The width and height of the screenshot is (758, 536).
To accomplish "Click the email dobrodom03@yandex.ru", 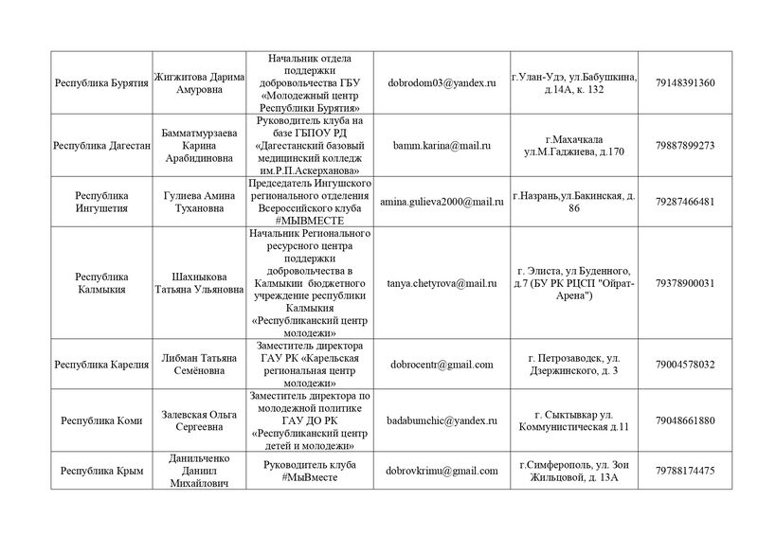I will pos(442,83).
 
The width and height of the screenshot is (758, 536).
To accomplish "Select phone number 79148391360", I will pos(684,83).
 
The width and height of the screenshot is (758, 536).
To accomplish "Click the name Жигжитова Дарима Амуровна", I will pos(197,83).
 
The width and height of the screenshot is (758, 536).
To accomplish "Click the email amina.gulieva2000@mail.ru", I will pos(442,203).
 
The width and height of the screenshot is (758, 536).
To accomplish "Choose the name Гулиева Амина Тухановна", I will pos(197,203).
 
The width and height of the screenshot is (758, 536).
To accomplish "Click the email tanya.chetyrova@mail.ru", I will pos(442,283).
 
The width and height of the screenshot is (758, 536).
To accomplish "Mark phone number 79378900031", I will pos(684,283).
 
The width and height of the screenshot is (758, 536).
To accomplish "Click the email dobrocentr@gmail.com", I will pos(442,365).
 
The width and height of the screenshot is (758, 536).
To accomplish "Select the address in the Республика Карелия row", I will pos(573,365).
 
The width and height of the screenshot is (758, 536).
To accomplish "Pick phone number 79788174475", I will pos(684,471).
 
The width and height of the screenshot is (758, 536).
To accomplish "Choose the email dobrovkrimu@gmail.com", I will pos(442,471).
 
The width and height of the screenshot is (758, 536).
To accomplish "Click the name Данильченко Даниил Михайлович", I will pos(197,471).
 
